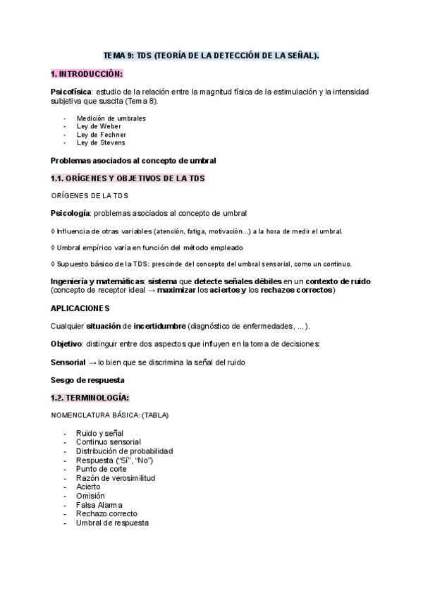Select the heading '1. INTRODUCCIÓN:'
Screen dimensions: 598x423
click(x=87, y=73)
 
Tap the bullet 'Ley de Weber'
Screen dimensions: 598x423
click(x=99, y=126)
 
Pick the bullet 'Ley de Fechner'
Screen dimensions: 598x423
click(x=101, y=134)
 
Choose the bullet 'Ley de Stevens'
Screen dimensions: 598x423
click(x=101, y=142)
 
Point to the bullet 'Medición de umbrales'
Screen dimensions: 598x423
click(x=111, y=118)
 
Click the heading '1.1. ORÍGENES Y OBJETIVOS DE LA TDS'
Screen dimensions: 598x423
click(x=128, y=178)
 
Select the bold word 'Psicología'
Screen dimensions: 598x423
click(x=70, y=213)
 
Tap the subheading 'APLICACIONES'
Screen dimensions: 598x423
click(x=80, y=308)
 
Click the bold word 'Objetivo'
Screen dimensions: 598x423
click(x=66, y=343)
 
